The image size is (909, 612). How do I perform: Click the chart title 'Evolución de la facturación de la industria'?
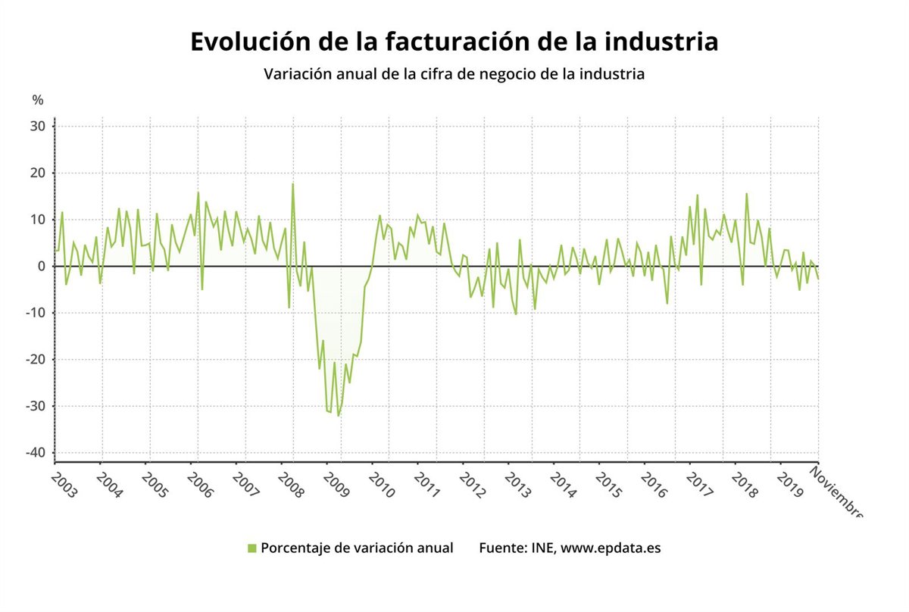coord(454,42)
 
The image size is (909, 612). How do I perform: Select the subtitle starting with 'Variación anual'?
coord(454,74)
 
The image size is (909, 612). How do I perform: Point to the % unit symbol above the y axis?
coord(38,100)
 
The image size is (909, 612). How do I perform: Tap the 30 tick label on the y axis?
coord(38,126)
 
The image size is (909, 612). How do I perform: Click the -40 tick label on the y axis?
coord(35,453)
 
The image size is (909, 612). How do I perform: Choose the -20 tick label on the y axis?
coord(35,359)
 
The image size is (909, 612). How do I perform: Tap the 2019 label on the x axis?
coord(789,485)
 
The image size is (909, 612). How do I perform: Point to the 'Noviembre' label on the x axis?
coord(836,492)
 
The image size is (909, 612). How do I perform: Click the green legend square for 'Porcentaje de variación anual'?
coord(252,548)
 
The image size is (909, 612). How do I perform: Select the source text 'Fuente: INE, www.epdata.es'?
coord(569,548)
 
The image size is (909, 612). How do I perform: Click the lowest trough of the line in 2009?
coord(338,415)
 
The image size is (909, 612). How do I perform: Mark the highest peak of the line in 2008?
coord(292,184)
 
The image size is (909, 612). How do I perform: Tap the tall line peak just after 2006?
coord(198,192)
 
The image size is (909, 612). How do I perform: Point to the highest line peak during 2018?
coord(746,194)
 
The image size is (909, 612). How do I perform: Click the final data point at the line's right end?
coord(818,279)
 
